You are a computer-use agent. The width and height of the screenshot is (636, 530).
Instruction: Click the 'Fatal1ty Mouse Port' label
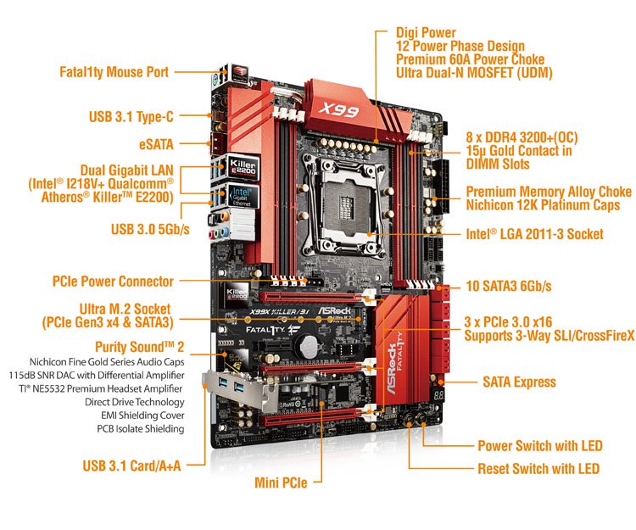point(114,72)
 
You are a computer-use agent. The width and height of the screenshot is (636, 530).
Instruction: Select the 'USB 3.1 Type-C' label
point(131,117)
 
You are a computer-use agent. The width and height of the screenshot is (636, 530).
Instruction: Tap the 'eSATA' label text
point(156,144)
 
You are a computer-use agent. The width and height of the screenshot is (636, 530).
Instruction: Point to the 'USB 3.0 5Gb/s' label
point(150,229)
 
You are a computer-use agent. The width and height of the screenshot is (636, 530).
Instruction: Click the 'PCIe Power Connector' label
point(113,282)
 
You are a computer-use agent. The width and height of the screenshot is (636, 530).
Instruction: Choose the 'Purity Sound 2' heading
point(140,347)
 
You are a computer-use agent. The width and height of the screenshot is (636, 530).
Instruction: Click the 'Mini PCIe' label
point(281,483)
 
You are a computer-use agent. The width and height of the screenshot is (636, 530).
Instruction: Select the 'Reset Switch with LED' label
point(538,469)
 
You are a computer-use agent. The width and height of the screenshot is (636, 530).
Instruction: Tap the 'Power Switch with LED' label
point(540,446)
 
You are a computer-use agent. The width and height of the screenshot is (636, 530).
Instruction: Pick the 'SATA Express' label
point(519,382)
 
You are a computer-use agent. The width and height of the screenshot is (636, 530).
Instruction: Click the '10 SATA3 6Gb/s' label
point(509,286)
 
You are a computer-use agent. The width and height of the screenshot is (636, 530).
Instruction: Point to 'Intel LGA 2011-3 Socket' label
point(534,234)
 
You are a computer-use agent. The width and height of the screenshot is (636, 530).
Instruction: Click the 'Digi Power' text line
point(426,33)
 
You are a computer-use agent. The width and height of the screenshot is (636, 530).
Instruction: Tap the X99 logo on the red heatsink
point(338,109)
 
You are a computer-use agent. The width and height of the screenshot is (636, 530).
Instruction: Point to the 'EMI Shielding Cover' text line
point(142,416)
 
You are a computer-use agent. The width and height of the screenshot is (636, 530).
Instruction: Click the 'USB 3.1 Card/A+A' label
point(131,466)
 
